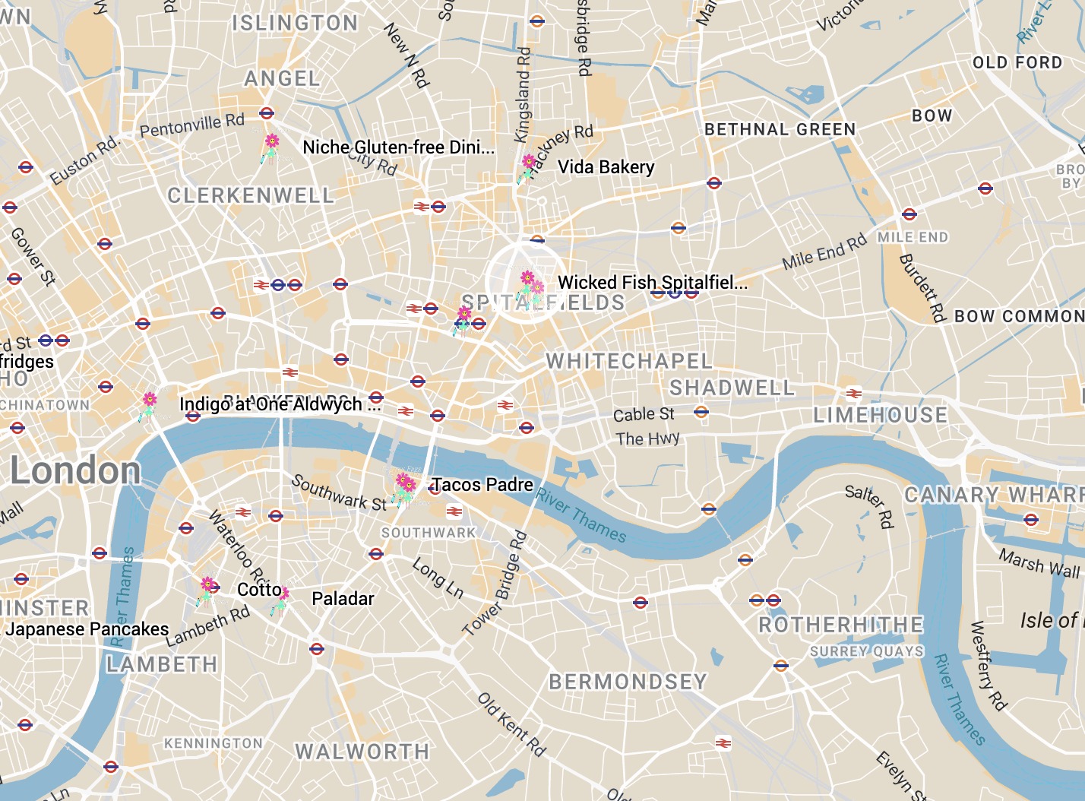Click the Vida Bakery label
tap(606, 167)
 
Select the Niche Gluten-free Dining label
tap(398, 147)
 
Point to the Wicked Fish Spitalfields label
tap(652, 283)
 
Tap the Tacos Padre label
tap(482, 485)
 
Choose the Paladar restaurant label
tap(343, 599)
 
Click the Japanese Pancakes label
tap(87, 629)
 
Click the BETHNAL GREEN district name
tap(780, 130)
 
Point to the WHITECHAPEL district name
tap(629, 361)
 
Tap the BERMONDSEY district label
tap(628, 682)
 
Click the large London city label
tap(75, 470)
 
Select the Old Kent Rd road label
tap(512, 724)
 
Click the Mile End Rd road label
tap(824, 252)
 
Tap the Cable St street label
tap(644, 414)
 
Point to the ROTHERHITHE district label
tap(841, 625)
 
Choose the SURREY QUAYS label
tap(866, 651)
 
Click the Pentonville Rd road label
tap(192, 125)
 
